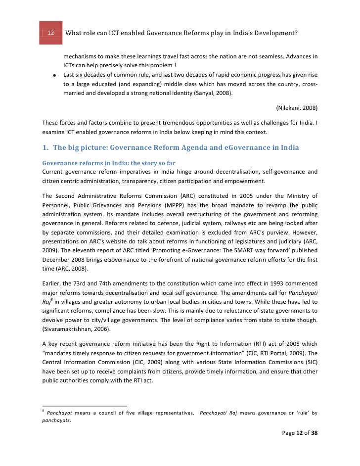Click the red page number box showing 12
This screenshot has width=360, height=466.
click(51, 33)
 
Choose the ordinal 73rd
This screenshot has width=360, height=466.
click(85, 283)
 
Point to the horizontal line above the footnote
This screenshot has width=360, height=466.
click(85, 405)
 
